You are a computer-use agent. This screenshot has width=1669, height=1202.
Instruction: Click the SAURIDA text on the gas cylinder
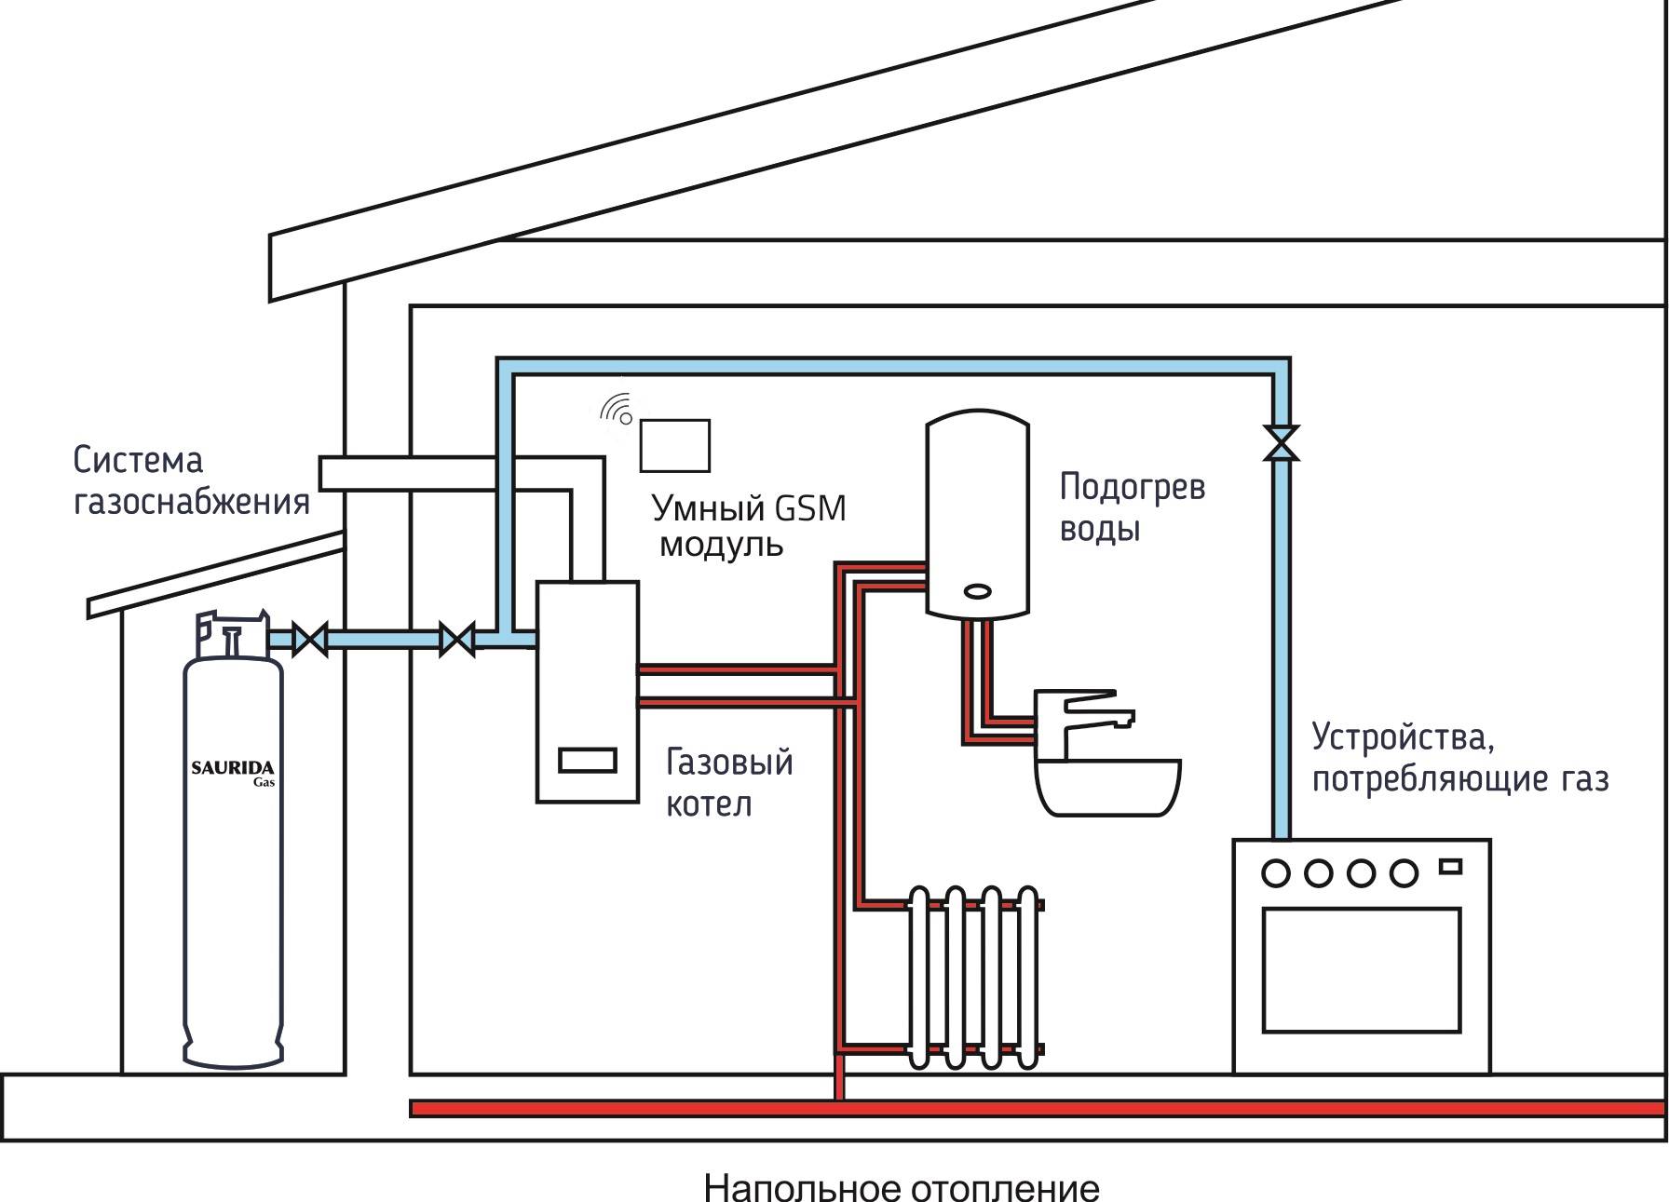tap(232, 768)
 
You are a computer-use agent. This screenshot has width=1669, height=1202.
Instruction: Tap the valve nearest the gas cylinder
tap(310, 640)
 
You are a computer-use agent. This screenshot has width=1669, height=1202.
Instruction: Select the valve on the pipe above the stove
tap(1282, 442)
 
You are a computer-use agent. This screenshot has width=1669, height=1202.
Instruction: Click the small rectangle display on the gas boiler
tap(587, 761)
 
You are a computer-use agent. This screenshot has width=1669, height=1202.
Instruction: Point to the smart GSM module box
tap(674, 446)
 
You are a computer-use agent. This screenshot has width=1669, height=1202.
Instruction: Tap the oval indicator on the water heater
tap(978, 591)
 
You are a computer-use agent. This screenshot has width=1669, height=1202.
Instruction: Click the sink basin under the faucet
tap(1107, 787)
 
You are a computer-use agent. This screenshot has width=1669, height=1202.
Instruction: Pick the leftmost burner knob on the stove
tap(1276, 873)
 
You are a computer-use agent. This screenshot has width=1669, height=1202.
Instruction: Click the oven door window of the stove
tap(1361, 969)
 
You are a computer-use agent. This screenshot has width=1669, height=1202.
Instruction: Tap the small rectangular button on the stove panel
tap(1450, 867)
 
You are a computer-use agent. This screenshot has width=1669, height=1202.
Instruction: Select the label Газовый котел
tap(728, 783)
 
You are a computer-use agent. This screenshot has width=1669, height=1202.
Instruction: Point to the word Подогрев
tap(1132, 487)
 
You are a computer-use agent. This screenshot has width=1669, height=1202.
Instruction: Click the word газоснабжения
tap(191, 503)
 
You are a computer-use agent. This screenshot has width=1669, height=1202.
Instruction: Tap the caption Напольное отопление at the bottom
tap(901, 1188)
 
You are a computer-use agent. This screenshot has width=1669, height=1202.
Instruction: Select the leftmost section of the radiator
tap(919, 977)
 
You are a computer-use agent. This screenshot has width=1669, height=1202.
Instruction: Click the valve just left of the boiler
tap(457, 640)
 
